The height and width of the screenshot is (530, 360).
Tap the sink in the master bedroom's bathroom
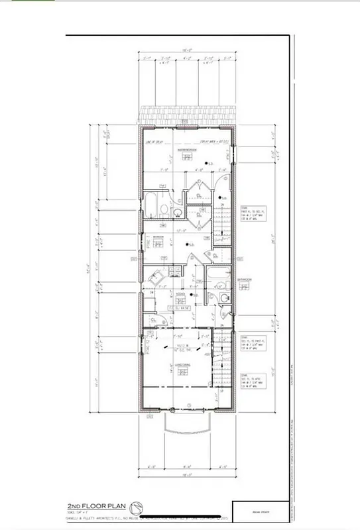click(x=178, y=212)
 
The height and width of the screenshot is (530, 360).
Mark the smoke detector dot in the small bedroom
click(x=188, y=246)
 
